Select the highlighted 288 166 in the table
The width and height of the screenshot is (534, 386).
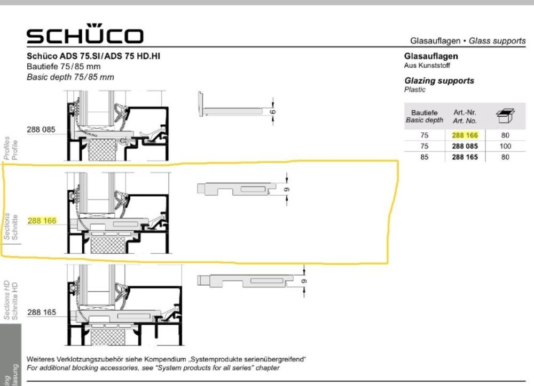click(x=465, y=135)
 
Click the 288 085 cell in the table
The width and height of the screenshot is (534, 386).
click(x=465, y=146)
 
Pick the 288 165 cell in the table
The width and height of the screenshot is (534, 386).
click(x=465, y=157)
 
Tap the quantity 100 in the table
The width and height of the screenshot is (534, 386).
click(x=505, y=146)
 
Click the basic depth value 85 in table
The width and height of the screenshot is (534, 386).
click(x=425, y=157)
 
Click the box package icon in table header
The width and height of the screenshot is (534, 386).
click(x=505, y=114)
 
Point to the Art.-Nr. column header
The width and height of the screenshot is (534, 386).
click(x=465, y=116)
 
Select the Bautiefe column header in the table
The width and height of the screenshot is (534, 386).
click(x=425, y=116)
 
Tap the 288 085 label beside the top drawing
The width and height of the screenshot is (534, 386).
click(x=41, y=130)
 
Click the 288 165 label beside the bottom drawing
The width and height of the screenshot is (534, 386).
click(x=42, y=312)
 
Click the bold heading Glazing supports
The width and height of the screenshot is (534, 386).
click(x=439, y=81)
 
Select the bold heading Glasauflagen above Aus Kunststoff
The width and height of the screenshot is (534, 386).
click(x=431, y=56)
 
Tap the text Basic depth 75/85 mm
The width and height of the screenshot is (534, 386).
click(x=70, y=77)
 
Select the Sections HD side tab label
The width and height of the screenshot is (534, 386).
click(x=7, y=300)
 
